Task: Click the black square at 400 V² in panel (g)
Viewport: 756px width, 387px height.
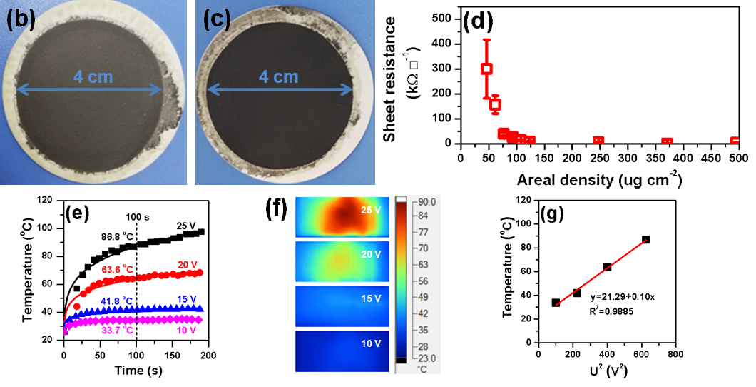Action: pyautogui.click(x=607, y=267)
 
